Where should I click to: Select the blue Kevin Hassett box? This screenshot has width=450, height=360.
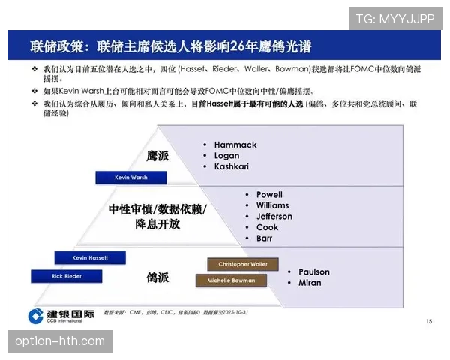click(x=90, y=257)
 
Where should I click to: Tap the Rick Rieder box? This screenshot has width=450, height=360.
click(x=67, y=276)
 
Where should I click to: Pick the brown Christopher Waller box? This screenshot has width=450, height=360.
click(x=242, y=264)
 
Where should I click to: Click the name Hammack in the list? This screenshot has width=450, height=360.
click(x=235, y=145)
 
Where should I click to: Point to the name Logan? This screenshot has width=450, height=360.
click(x=228, y=155)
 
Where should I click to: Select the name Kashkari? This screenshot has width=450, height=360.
click(x=232, y=166)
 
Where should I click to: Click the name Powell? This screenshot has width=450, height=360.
click(x=269, y=195)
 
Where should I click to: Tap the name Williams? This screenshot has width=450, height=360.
click(x=272, y=205)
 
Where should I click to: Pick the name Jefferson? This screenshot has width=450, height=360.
click(x=274, y=217)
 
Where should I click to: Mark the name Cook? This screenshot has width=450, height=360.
click(x=267, y=227)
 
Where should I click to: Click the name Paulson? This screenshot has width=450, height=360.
click(x=314, y=271)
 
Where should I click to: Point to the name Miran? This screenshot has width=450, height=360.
click(x=310, y=283)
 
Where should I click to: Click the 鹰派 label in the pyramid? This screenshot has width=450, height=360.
click(x=157, y=156)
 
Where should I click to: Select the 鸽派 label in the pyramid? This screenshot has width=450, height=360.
click(x=157, y=277)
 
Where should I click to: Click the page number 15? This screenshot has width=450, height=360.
click(x=428, y=321)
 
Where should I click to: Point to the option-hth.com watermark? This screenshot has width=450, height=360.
click(x=60, y=341)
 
